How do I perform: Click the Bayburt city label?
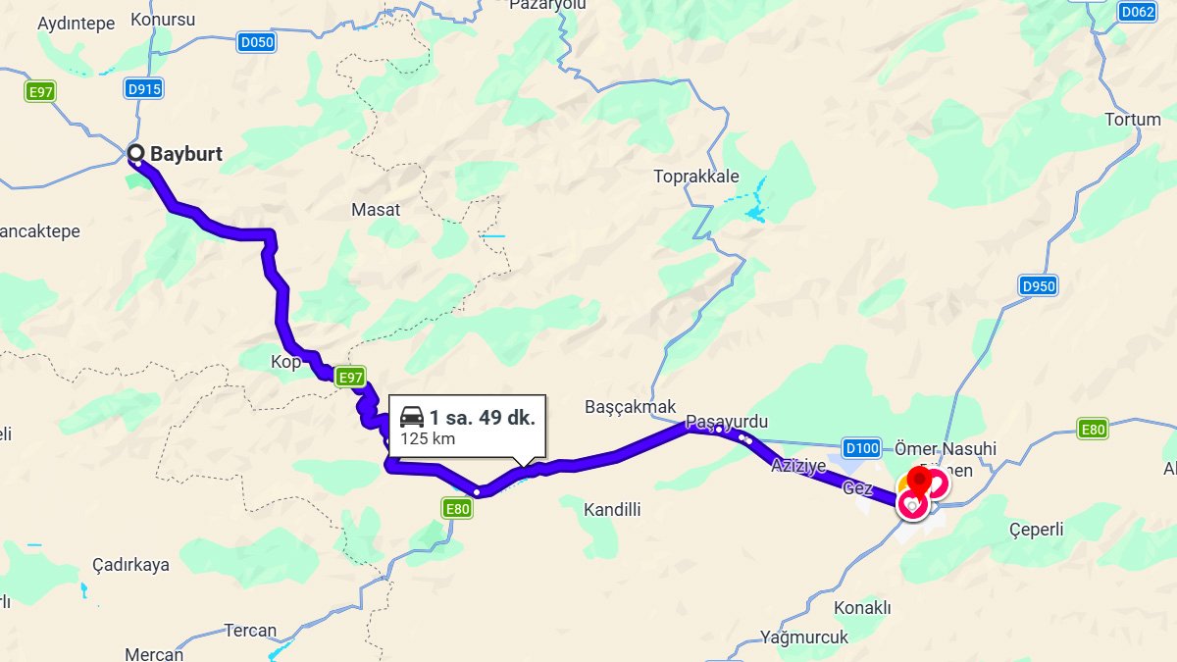click(x=185, y=154)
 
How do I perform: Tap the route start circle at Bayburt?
click(x=136, y=153)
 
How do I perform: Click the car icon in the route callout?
click(x=412, y=418)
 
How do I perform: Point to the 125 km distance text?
click(x=428, y=438)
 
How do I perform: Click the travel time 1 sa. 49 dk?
click(x=482, y=418)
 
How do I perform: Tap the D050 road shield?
click(x=257, y=42)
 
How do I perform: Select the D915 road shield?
click(x=144, y=89)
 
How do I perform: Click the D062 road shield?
click(x=1138, y=12)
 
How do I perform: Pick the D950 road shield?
click(x=1039, y=286)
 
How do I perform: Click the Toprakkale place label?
click(x=696, y=177)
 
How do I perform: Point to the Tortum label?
click(x=1132, y=120)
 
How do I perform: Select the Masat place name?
click(x=376, y=209)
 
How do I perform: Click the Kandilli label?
click(x=612, y=509)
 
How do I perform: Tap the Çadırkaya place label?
click(x=130, y=565)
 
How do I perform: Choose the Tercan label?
click(x=250, y=631)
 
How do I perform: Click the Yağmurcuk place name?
click(x=803, y=637)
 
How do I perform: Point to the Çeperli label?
click(x=1036, y=530)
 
